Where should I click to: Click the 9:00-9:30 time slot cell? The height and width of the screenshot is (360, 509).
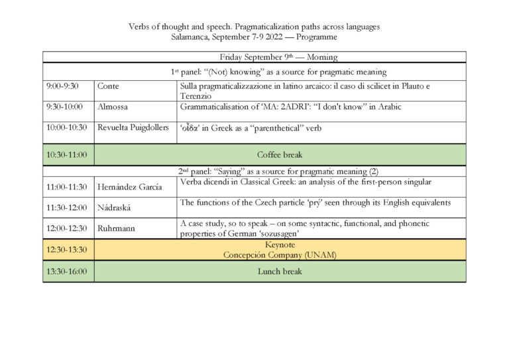click(62, 86)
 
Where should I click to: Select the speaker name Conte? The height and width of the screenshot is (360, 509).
click(109, 86)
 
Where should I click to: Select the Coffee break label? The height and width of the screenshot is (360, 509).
click(279, 154)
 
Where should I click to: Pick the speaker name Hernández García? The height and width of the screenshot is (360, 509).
click(130, 188)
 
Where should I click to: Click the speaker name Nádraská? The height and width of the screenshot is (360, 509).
click(114, 208)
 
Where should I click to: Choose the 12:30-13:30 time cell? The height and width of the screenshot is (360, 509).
click(66, 249)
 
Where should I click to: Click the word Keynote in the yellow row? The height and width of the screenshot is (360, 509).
click(279, 245)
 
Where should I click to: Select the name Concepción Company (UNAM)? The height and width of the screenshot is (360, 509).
click(279, 255)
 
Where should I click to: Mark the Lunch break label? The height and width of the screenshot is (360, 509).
click(279, 271)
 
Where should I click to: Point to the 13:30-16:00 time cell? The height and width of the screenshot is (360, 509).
click(66, 271)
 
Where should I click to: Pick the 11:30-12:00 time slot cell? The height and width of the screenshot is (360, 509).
click(66, 208)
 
